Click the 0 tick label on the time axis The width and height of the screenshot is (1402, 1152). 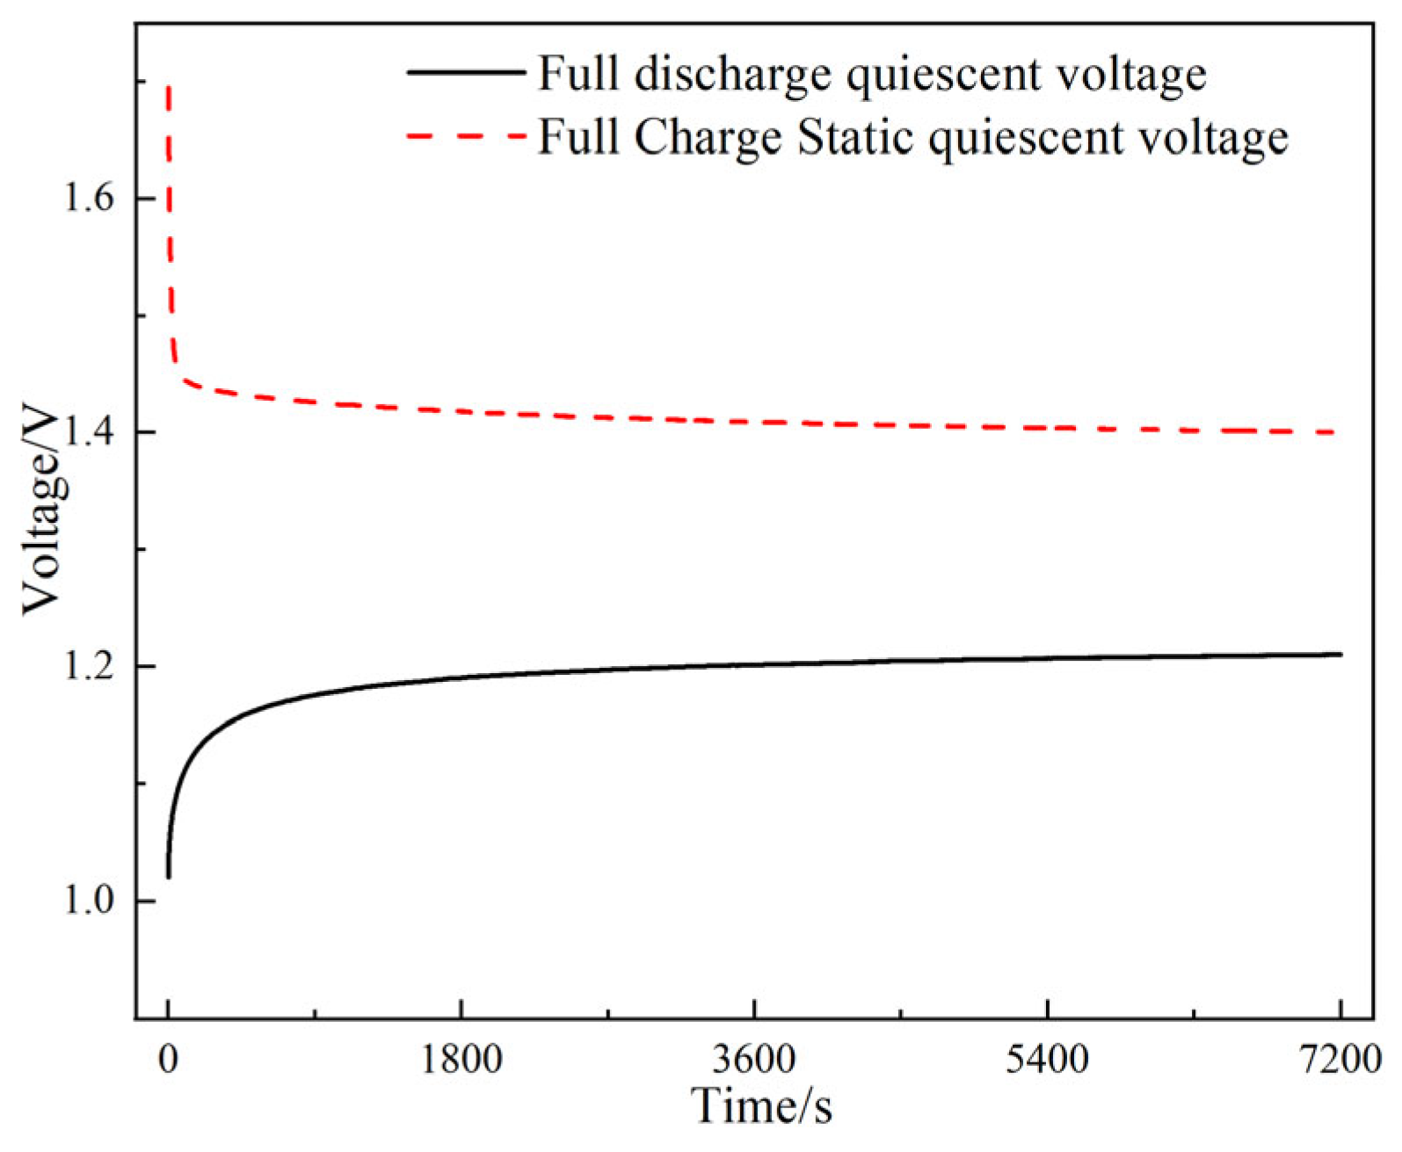(168, 1059)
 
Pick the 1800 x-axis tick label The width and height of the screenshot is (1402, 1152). (461, 1059)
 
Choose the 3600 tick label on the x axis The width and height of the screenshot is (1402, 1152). (754, 1059)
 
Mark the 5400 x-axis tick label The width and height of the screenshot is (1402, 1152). (1047, 1059)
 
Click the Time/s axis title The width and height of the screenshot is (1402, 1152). (761, 1105)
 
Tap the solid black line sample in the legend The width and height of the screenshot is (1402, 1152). (465, 71)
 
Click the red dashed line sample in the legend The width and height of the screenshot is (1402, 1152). (465, 135)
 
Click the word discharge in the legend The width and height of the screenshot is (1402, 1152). (732, 74)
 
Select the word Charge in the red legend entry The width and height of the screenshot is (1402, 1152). (708, 137)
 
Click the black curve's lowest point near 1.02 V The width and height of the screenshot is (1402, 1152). (168, 876)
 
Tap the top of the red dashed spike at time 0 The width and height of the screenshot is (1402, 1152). (168, 86)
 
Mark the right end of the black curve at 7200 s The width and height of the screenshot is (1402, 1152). (1340, 654)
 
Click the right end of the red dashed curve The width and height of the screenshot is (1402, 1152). (1333, 432)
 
